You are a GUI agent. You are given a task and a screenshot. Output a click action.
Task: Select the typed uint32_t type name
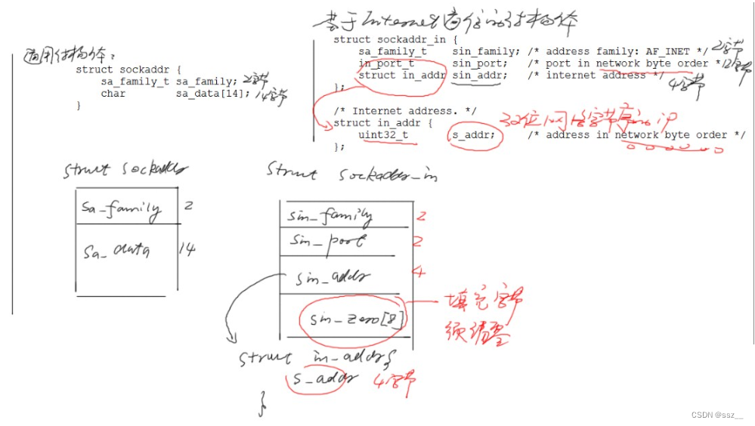[383, 135]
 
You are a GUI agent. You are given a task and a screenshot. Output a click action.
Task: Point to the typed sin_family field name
[486, 51]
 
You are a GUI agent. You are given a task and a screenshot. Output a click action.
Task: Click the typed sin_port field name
[480, 64]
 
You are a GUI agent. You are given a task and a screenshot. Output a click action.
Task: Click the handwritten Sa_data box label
[116, 249]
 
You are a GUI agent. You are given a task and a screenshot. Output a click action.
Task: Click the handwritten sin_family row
[330, 216]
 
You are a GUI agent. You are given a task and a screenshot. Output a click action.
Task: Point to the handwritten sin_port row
[327, 242]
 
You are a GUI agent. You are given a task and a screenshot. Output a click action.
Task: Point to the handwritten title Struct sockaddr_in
[351, 173]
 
